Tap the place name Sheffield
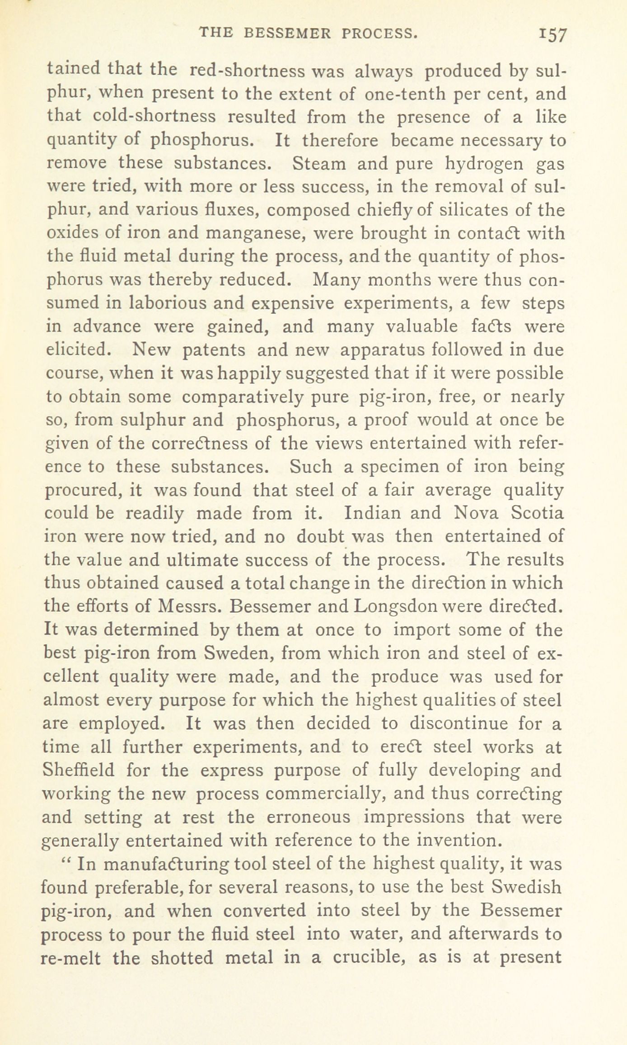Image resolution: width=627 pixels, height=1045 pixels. tap(78, 770)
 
